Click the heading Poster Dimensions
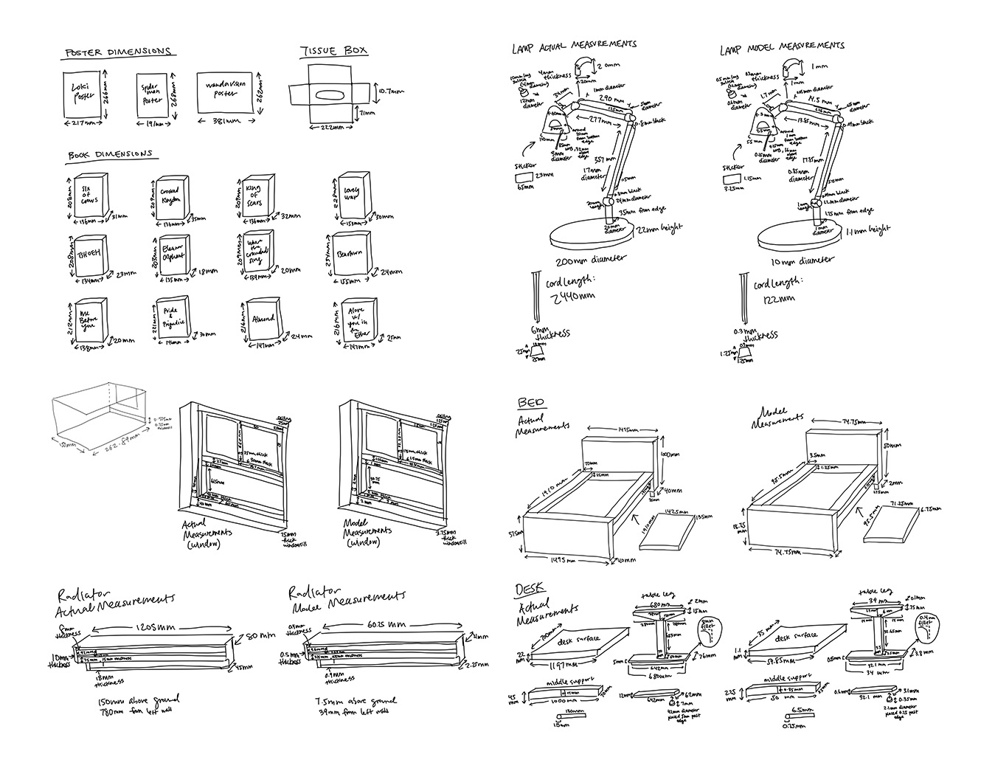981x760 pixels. pos(118,52)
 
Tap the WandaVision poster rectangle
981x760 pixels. pos(226,93)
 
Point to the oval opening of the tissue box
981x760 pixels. pos(327,93)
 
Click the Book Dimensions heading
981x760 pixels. pos(109,155)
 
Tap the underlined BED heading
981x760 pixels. pos(532,402)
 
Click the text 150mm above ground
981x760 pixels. pos(139,700)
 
